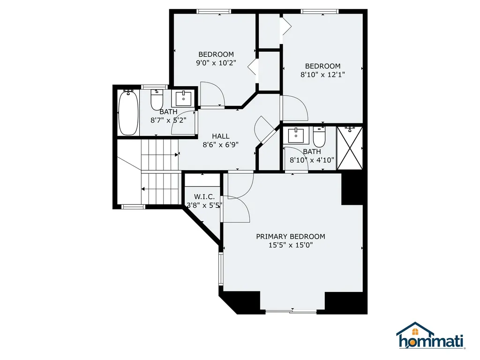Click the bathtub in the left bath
tap(128, 112)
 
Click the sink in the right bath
tap(296, 136)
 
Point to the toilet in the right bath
tap(319, 137)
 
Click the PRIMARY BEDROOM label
tap(290, 236)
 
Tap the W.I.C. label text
tap(204, 196)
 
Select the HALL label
tap(220, 136)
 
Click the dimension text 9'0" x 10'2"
tap(216, 63)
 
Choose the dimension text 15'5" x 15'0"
tap(290, 245)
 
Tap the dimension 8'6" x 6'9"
tap(220, 144)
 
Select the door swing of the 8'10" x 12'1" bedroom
tap(293, 107)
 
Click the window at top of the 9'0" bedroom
tap(214, 11)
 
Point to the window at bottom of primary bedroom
tap(291, 311)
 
